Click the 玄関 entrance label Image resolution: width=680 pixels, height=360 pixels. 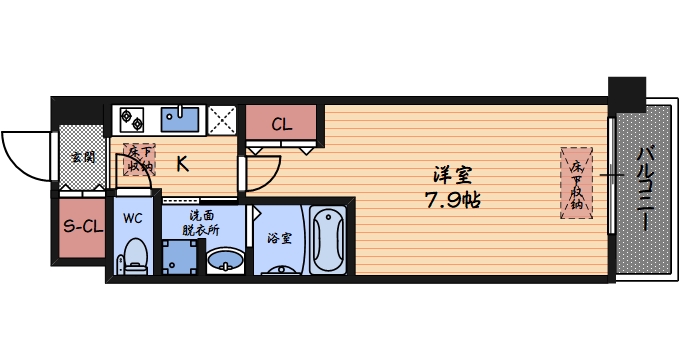click(83, 157)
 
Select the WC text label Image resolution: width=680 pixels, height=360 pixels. click(132, 216)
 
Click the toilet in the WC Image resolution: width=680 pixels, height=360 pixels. click(133, 258)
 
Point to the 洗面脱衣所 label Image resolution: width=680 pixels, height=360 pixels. click(200, 222)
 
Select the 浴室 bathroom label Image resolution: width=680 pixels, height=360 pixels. click(279, 239)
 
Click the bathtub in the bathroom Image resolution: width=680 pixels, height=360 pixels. click(327, 242)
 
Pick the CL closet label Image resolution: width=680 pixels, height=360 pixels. click(281, 125)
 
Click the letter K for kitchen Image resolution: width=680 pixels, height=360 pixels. click(182, 165)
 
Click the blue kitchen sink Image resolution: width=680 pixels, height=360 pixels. click(181, 119)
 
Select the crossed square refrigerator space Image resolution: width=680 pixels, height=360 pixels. click(222, 120)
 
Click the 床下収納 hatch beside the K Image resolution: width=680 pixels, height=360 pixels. click(139, 160)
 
